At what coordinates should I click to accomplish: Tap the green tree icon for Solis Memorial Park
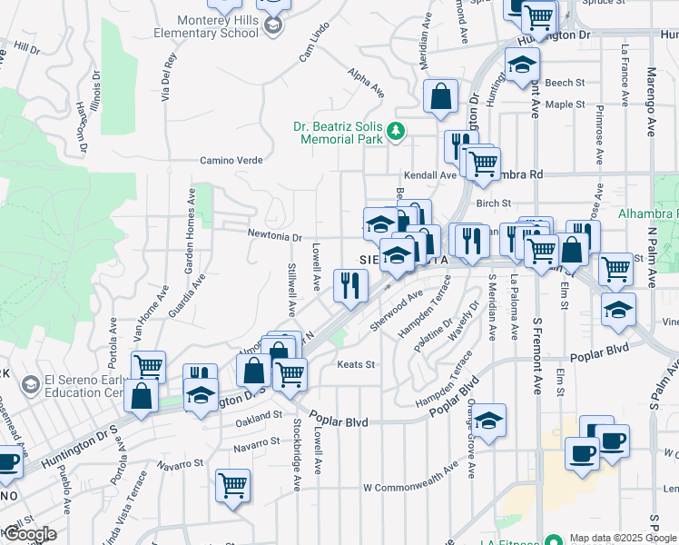[x=396, y=132]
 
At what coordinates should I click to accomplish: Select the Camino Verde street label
[x=231, y=160]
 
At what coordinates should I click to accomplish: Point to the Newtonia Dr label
[x=274, y=236]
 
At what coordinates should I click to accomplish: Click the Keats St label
[x=357, y=364]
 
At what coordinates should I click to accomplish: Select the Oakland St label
[x=259, y=415]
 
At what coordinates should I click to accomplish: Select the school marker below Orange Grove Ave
[x=488, y=420]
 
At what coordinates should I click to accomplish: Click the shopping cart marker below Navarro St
[x=233, y=485]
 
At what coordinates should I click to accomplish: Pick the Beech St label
[x=566, y=83]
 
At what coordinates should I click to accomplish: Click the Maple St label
[x=566, y=104]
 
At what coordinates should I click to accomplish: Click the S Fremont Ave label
[x=536, y=355]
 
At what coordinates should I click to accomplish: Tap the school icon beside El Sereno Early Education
[x=30, y=385]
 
